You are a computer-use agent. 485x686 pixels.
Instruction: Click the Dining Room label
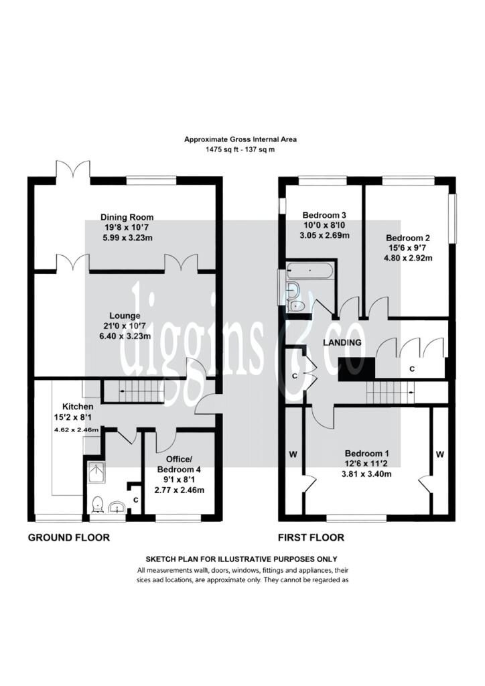(x=127, y=217)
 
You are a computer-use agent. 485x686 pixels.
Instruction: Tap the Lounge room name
(x=125, y=316)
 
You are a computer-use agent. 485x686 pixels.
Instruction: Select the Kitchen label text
(x=78, y=407)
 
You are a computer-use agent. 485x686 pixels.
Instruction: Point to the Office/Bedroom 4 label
(x=179, y=464)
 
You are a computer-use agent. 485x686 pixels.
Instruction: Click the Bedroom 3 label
(x=324, y=215)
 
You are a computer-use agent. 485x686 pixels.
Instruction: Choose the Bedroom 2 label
(x=407, y=238)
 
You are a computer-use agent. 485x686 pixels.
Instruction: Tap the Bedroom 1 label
(x=366, y=454)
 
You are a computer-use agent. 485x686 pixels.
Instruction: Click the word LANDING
(x=342, y=342)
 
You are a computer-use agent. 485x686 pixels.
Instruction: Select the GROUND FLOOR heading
(x=68, y=537)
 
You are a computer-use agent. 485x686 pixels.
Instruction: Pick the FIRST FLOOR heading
(x=311, y=537)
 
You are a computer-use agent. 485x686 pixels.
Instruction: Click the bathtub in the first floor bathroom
(x=311, y=271)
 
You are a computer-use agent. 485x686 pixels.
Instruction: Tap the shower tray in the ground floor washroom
(x=96, y=472)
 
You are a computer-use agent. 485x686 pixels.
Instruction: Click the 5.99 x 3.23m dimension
(x=127, y=238)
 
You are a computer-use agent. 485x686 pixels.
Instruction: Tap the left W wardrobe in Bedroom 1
(x=293, y=455)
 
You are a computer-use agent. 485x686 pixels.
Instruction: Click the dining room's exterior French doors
(x=73, y=169)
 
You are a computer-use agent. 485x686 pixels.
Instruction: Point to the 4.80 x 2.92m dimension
(x=408, y=258)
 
